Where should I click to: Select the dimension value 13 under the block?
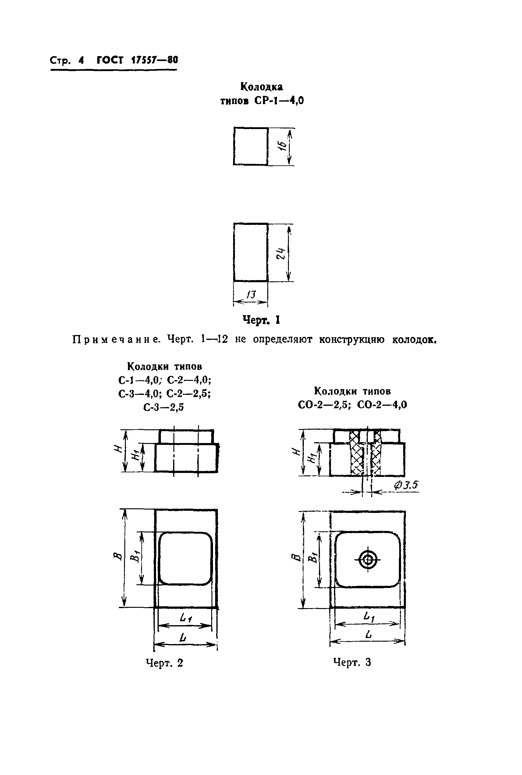click(x=251, y=295)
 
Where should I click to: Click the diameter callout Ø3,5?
click(x=406, y=485)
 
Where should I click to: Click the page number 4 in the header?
click(x=81, y=60)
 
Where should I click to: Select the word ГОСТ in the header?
click(x=110, y=60)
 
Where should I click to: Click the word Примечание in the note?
click(x=116, y=340)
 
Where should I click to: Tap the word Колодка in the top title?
click(x=262, y=87)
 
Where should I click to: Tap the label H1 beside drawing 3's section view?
click(x=312, y=458)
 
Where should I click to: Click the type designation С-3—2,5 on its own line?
click(x=163, y=407)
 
